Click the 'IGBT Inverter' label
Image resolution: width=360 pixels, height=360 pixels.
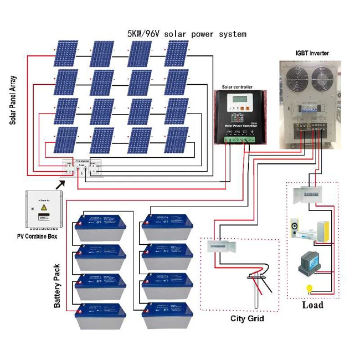[311, 53]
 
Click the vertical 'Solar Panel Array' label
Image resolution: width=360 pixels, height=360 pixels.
[13, 97]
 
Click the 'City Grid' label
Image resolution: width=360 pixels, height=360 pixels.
[247, 318]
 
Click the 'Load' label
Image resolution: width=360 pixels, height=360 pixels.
[313, 305]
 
